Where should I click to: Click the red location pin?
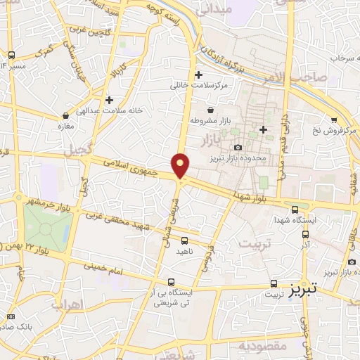click(x=181, y=165)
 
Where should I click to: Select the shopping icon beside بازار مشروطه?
click(x=210, y=110)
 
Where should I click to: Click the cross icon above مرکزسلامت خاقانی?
click(x=199, y=75)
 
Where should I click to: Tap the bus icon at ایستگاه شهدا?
click(x=295, y=209)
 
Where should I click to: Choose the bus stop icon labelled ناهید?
click(x=185, y=240)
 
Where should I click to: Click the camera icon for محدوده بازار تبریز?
click(x=238, y=147)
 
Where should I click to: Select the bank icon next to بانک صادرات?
click(x=10, y=316)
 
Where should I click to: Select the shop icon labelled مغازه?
click(x=65, y=115)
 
